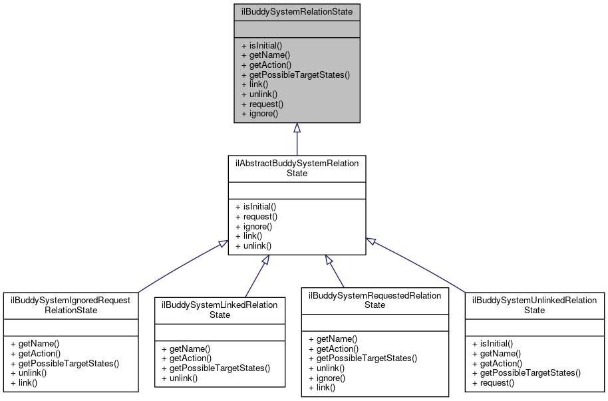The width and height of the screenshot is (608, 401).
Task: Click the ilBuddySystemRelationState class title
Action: pyautogui.click(x=297, y=12)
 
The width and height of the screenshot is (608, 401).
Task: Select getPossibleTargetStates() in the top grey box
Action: pyautogui.click(x=295, y=74)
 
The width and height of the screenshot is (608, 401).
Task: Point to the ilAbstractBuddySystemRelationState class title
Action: pyautogui.click(x=297, y=168)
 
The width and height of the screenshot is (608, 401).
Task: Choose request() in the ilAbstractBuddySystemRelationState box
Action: pyautogui.click(x=256, y=216)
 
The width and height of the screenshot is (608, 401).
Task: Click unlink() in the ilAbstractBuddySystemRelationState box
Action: pyautogui.click(x=253, y=245)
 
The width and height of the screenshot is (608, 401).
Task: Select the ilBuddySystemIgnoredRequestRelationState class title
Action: pyautogui.click(x=71, y=305)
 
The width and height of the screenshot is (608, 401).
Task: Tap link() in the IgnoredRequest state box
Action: pyautogui.click(x=23, y=382)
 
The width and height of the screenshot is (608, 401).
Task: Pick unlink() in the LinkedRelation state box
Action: pyautogui.click(x=179, y=378)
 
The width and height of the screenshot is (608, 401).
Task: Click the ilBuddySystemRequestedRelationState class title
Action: pyautogui.click(x=375, y=300)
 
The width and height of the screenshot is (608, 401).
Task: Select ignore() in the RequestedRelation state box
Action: pyautogui.click(x=331, y=378)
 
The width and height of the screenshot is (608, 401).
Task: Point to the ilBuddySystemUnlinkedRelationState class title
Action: pyautogui.click(x=534, y=305)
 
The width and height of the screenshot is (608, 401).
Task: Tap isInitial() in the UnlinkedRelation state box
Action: pyautogui.click(x=492, y=344)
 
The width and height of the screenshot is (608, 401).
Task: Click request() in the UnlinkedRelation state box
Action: pyautogui.click(x=493, y=382)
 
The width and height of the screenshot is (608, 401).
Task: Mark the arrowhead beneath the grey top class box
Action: pyautogui.click(x=297, y=128)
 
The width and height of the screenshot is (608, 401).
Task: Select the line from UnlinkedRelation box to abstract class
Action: pyautogui.click(x=419, y=265)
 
